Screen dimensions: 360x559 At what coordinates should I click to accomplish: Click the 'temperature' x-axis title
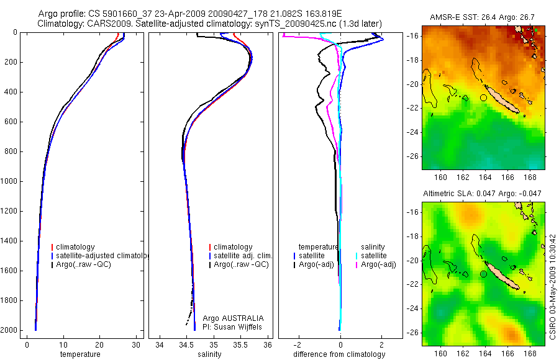tap(80, 354)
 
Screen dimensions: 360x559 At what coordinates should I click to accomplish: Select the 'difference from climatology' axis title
tap(339, 354)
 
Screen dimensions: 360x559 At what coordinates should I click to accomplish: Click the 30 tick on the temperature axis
tap(135, 344)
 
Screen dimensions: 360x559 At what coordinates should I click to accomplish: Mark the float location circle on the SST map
tap(484, 97)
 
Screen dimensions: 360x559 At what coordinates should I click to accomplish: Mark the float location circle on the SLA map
tap(484, 274)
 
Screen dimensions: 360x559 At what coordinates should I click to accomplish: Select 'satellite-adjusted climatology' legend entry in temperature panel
tap(102, 256)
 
